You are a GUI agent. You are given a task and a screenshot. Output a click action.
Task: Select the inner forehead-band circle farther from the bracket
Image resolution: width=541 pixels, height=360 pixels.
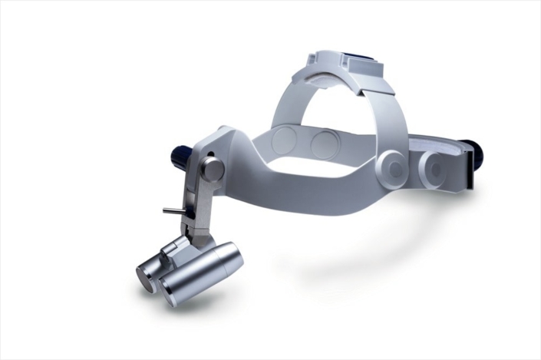point(325,144)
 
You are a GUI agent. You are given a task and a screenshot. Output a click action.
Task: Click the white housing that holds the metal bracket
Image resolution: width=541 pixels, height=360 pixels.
point(230,157)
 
